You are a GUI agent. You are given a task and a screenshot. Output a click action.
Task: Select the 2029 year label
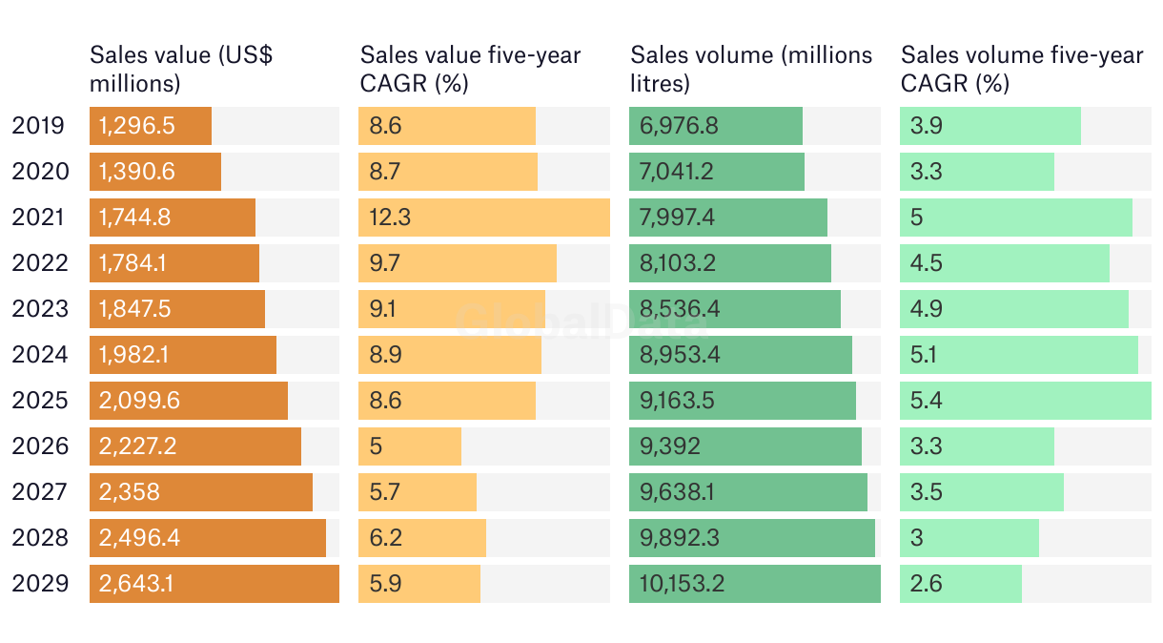coord(40,584)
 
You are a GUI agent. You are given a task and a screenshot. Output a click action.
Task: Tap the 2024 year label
coord(40,355)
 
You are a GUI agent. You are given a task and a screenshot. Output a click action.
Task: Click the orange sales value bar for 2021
coord(172,218)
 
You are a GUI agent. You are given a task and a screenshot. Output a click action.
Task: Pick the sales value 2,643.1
coord(136,584)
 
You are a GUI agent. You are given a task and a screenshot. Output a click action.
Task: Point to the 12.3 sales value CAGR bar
coord(483,218)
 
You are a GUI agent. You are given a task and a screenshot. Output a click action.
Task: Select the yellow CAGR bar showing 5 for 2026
coord(410,446)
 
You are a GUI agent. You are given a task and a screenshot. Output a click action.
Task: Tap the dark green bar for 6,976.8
coord(715,126)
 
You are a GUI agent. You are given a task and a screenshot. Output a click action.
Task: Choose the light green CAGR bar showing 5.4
coord(1025,401)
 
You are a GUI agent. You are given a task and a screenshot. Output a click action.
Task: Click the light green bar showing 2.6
coord(960,584)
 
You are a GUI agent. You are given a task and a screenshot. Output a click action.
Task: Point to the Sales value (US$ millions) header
coord(180,70)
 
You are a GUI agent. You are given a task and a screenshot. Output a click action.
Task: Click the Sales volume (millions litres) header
coord(751,70)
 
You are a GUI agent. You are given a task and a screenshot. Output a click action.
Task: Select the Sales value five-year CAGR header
coord(470,70)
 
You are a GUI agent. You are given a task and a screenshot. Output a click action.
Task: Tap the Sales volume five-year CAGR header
coord(1021,70)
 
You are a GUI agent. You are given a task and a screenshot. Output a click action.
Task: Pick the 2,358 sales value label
coord(130,492)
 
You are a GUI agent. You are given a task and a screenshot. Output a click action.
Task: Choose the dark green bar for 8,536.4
coord(734,309)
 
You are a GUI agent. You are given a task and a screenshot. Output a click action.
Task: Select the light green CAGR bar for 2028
coord(969,538)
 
